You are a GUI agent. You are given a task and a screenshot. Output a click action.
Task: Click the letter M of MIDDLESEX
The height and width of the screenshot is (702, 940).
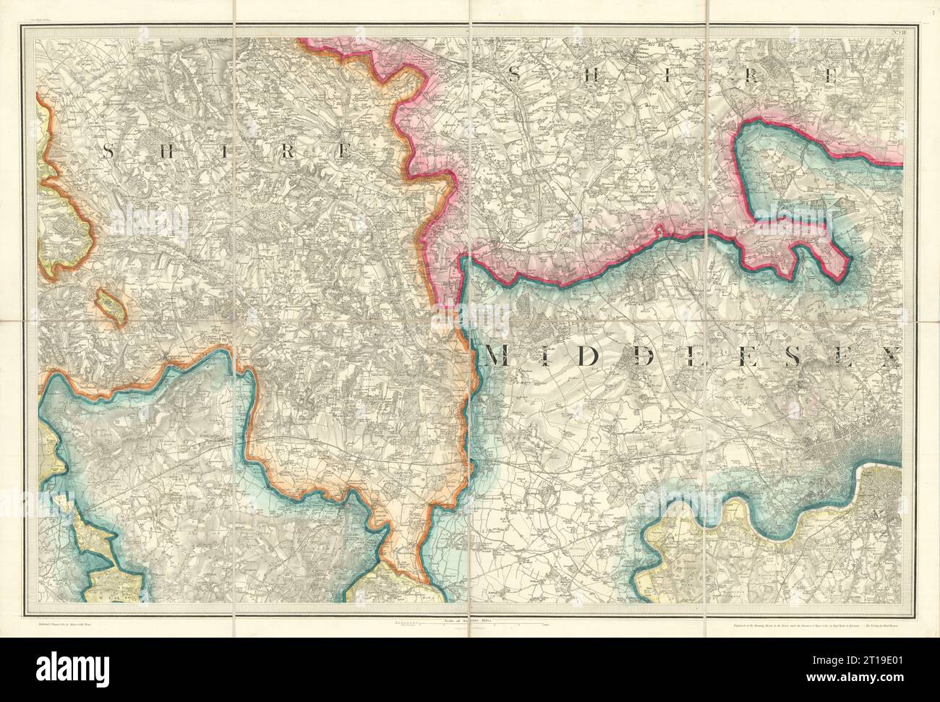500,356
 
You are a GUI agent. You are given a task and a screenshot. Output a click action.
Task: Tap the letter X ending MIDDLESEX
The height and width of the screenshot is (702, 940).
892,356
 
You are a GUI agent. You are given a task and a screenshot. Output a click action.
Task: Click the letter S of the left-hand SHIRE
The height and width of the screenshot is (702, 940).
109,151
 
